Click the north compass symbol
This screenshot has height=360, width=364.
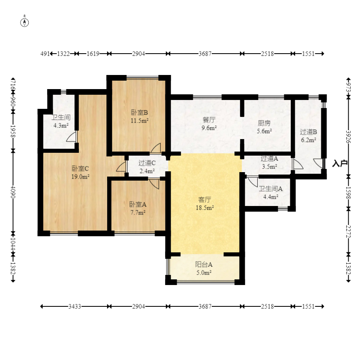[x=25, y=22]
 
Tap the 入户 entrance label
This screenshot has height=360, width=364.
[x=339, y=163]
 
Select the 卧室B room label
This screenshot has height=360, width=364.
[x=139, y=113]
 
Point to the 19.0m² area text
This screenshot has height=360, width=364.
[x=80, y=177]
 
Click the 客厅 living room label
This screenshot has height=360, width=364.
[x=205, y=200]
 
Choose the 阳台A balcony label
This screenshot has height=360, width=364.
[x=204, y=264]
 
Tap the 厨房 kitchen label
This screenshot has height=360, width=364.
[x=264, y=123]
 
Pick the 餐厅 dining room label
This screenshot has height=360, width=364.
[x=209, y=120]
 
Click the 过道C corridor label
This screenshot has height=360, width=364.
[x=147, y=163]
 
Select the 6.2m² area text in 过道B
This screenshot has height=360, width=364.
[x=308, y=140]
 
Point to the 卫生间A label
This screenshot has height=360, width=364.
[x=271, y=189]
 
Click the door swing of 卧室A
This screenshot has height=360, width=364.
[x=154, y=183]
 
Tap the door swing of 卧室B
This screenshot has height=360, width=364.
[x=155, y=148]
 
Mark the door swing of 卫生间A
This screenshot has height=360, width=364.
[x=252, y=181]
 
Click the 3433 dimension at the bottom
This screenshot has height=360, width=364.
[x=74, y=306]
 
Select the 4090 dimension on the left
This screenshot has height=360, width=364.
[x=13, y=192]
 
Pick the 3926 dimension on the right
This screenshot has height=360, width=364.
[x=348, y=137]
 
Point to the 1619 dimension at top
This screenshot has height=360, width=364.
[x=93, y=54]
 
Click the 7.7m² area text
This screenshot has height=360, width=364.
[x=138, y=212]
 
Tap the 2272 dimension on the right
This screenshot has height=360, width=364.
[x=348, y=231]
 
